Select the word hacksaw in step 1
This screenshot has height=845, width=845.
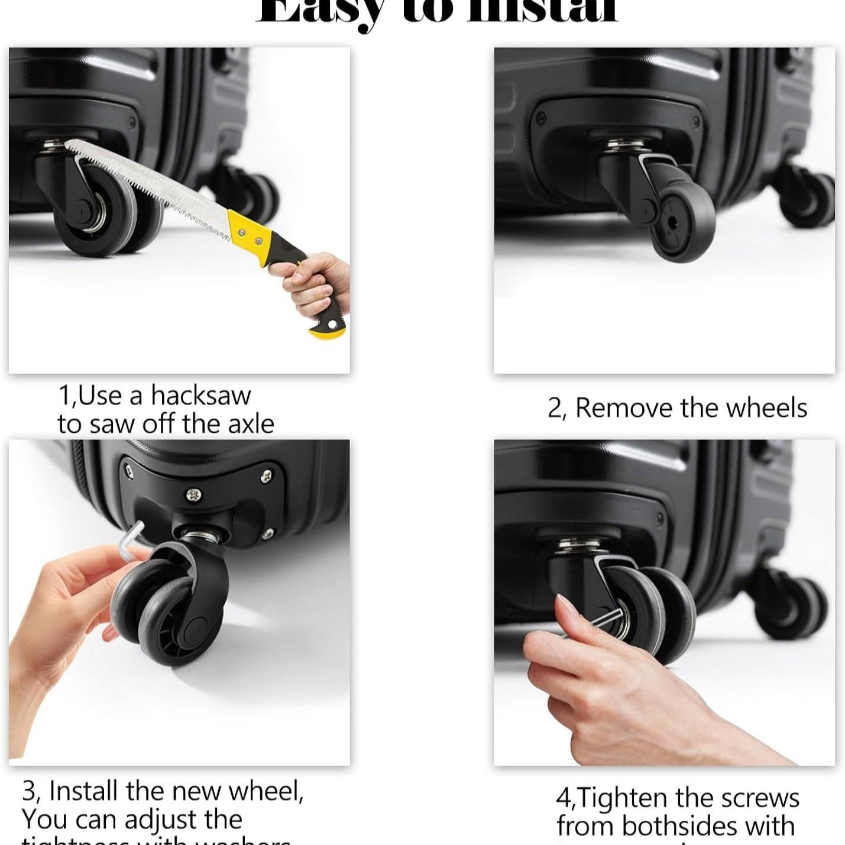[200, 396]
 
